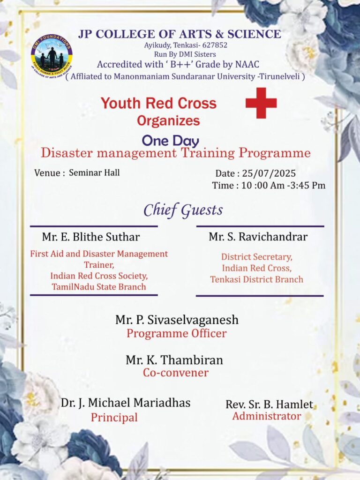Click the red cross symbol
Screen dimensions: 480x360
pos(261,103)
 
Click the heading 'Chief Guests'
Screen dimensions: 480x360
pos(183,210)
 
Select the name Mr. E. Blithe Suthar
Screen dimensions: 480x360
pos(91,237)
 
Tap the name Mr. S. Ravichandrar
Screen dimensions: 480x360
pos(258,237)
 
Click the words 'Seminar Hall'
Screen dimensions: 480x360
pos(94,172)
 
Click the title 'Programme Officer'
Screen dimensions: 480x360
pos(176,334)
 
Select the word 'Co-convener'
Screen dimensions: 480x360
pos(175,373)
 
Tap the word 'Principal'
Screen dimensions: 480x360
pos(114,417)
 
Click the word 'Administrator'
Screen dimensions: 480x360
pos(267,416)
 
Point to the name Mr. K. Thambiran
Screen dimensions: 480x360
pos(174,360)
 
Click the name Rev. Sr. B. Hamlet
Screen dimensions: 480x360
pos(269,404)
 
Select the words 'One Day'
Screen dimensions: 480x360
pos(170,141)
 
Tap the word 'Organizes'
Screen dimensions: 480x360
pos(168,120)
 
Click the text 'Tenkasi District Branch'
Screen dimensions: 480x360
pos(256,279)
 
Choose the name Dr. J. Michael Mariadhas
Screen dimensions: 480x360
pos(126,403)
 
